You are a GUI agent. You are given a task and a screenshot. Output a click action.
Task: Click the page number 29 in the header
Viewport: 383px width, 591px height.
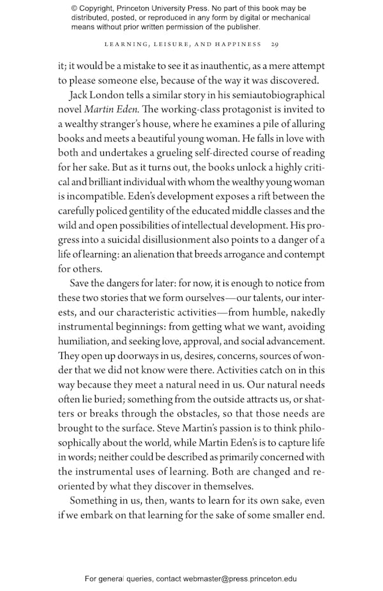click(274, 44)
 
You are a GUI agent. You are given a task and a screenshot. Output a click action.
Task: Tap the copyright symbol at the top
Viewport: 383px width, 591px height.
click(74, 8)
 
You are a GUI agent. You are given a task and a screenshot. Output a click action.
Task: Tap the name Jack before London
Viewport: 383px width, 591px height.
click(79, 95)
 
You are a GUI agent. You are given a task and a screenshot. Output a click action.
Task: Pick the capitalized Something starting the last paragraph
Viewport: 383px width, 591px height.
click(96, 500)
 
